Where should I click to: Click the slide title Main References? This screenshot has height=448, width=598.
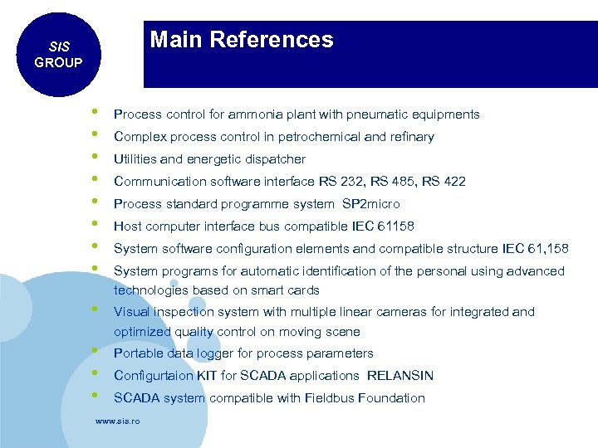(242, 40)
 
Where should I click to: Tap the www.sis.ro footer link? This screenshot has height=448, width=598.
(117, 421)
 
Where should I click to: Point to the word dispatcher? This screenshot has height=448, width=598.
(275, 159)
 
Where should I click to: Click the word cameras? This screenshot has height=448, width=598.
(432, 312)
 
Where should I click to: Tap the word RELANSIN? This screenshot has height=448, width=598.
(400, 376)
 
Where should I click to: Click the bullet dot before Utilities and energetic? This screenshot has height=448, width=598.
(96, 157)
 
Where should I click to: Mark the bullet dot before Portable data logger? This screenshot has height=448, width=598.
(96, 351)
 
